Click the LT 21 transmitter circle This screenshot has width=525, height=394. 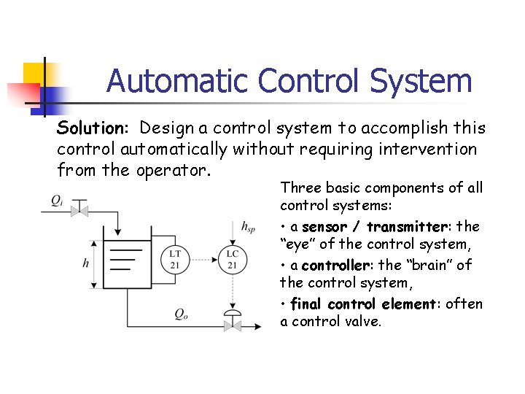coord(175,259)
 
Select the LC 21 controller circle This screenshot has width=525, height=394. coord(233,259)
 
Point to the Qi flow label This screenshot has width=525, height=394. coord(58,200)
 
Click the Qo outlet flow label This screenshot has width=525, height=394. coord(182,314)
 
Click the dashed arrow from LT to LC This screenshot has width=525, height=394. coord(203,259)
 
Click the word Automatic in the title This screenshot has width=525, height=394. coord(178,81)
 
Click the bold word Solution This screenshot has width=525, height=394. coord(93,128)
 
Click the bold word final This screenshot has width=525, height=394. coord(306,304)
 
